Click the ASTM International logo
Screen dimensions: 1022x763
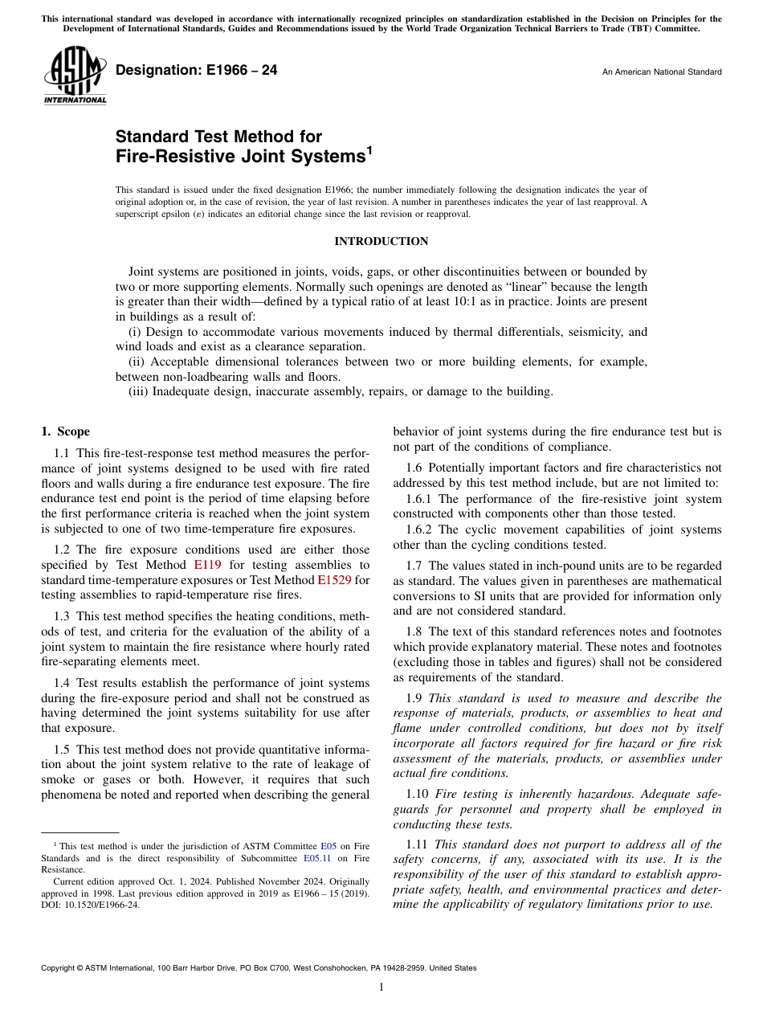74,77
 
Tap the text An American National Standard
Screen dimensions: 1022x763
661,72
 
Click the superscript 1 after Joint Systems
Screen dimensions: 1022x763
369,150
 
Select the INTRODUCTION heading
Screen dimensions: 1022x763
381,241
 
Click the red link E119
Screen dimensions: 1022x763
207,565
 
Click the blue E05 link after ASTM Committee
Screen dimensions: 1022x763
328,846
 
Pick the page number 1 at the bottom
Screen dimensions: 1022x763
381,987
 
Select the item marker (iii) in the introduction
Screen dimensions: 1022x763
139,391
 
